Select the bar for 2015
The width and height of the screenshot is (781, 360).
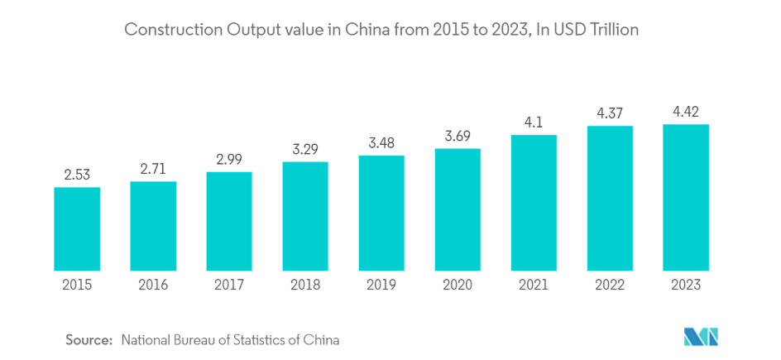[77, 228]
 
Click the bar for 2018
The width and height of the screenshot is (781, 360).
[305, 216]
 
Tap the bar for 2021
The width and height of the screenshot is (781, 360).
[534, 203]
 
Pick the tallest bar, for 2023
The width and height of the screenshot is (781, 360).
[686, 197]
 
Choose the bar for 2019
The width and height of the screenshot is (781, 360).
[381, 213]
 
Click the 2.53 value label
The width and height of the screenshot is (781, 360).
[77, 175]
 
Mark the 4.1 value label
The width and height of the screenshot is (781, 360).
[534, 123]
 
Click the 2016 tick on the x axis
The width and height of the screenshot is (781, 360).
[153, 285]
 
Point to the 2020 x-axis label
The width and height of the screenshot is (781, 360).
[458, 285]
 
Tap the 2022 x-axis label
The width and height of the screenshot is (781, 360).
[610, 285]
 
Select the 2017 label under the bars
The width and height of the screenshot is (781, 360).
[229, 285]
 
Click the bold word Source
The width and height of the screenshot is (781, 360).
[89, 339]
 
